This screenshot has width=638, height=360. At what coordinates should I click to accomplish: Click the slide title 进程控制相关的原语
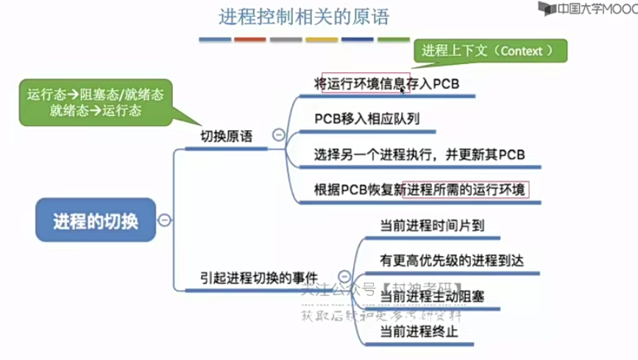click(304, 16)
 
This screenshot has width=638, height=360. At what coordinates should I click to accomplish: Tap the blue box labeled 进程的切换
click(96, 219)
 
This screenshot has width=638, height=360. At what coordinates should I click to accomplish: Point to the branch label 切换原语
click(227, 137)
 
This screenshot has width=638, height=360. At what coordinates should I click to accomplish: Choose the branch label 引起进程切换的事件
click(259, 278)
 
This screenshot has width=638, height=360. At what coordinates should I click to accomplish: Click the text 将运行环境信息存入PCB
click(386, 84)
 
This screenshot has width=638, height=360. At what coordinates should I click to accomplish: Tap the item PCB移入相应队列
click(366, 119)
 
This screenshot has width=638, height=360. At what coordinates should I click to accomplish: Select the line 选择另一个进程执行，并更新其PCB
click(418, 155)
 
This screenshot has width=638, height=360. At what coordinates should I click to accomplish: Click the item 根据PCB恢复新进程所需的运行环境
click(420, 190)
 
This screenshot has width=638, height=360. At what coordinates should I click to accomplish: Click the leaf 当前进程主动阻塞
click(431, 296)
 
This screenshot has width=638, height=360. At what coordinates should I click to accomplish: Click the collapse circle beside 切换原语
click(278, 135)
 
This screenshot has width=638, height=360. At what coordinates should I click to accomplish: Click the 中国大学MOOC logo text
click(593, 9)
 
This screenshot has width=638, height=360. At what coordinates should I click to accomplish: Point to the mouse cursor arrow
click(402, 89)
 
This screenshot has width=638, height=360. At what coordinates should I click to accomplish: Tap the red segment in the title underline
click(249, 39)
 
